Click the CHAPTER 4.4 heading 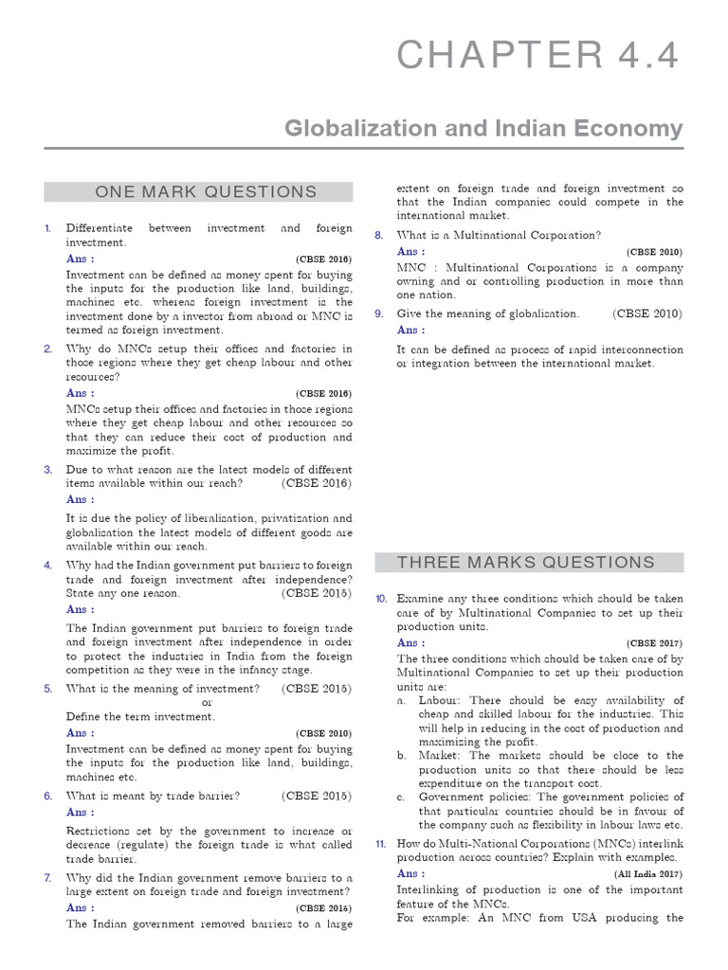[537, 57]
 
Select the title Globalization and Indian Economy [484, 128]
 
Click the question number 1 [47, 229]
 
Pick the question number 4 [47, 566]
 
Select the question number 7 [47, 877]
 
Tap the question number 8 [378, 235]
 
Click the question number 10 [380, 600]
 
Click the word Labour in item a [440, 700]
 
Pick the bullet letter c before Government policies [402, 798]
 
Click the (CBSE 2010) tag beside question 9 [646, 314]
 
